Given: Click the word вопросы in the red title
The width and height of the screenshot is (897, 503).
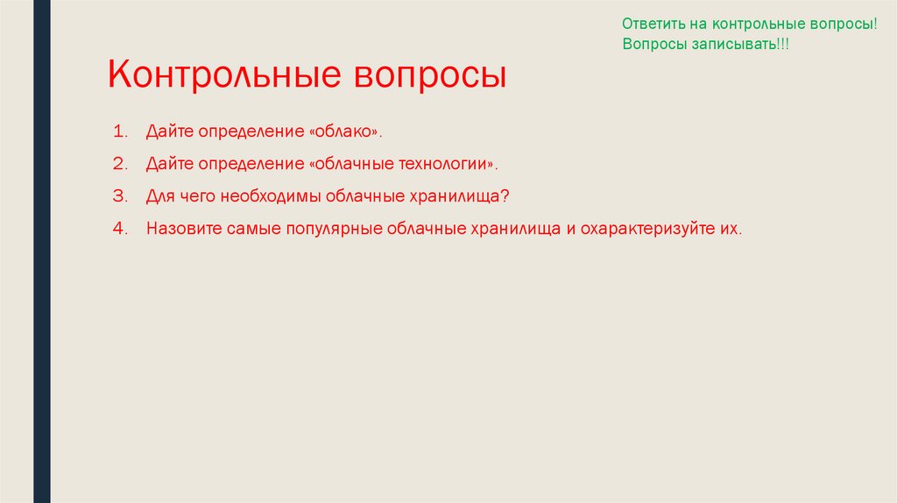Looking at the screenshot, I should pyautogui.click(x=430, y=76).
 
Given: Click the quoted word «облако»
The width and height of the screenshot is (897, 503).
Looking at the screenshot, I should pyautogui.click(x=346, y=131).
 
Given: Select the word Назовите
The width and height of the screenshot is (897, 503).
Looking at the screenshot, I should pyautogui.click(x=183, y=229).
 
